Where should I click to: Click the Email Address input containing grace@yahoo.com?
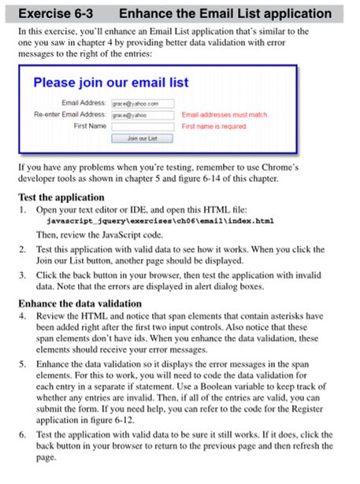[142, 103]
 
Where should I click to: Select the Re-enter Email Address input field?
[142, 114]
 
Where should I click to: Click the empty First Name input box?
[142, 126]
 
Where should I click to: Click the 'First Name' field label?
[90, 126]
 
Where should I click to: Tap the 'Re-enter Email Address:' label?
[69, 114]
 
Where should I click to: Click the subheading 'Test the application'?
[61, 197]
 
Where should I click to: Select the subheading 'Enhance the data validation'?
[80, 302]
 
